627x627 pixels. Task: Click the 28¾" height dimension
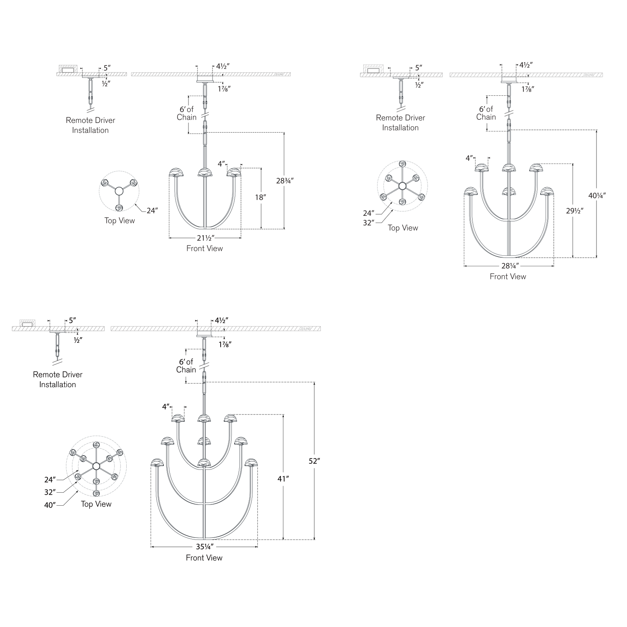pyautogui.click(x=285, y=180)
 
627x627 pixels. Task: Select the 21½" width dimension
pyautogui.click(x=204, y=239)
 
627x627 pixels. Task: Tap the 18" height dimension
pyautogui.click(x=260, y=198)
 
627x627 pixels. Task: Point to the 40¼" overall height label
pyautogui.click(x=597, y=195)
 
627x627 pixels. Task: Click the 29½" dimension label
pyautogui.click(x=574, y=211)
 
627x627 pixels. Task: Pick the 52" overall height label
pyautogui.click(x=315, y=461)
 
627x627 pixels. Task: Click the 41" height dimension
pyautogui.click(x=283, y=479)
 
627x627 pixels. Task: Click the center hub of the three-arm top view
pyautogui.click(x=119, y=191)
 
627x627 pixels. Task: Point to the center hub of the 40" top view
pyautogui.click(x=96, y=466)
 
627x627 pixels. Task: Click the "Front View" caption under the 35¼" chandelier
pyautogui.click(x=204, y=558)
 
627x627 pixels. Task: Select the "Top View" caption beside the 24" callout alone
pyautogui.click(x=119, y=221)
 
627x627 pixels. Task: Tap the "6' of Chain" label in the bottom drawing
pyautogui.click(x=186, y=366)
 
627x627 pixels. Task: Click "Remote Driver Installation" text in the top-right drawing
pyautogui.click(x=400, y=123)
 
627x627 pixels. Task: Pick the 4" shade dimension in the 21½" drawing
pyautogui.click(x=221, y=164)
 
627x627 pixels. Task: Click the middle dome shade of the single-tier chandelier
pyautogui.click(x=205, y=172)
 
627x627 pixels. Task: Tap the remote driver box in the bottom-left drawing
pyautogui.click(x=27, y=324)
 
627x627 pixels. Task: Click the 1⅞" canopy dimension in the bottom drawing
pyautogui.click(x=225, y=344)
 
